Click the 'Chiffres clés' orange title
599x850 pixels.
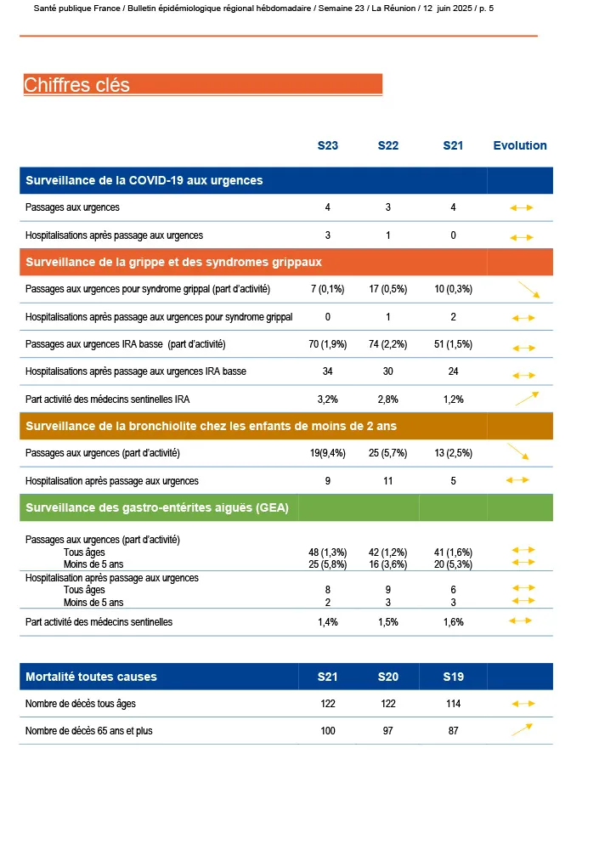[x=77, y=85]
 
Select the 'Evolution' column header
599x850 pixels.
[x=520, y=145]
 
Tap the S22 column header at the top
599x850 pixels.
[x=388, y=145]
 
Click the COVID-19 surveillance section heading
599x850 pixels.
[x=144, y=180]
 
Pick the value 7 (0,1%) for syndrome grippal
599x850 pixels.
[x=327, y=289]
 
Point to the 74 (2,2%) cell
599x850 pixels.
[x=388, y=344]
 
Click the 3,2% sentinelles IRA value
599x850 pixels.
[x=327, y=399]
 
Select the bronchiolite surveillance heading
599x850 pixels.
[x=212, y=426]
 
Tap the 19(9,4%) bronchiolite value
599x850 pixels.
[x=327, y=453]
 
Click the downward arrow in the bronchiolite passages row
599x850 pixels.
[x=518, y=451]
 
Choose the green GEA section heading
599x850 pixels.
[x=157, y=508]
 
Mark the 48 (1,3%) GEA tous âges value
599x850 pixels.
[x=327, y=552]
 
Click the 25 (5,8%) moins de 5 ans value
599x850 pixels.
[x=327, y=564]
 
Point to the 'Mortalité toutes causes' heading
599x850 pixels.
[x=91, y=677]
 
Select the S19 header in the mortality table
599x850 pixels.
[x=453, y=677]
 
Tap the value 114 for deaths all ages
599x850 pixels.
[x=453, y=704]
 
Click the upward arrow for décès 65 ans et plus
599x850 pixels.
[x=522, y=729]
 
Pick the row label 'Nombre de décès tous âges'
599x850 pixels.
[x=81, y=704]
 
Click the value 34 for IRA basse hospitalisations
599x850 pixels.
[x=327, y=371]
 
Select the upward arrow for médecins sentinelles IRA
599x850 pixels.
[x=527, y=397]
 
